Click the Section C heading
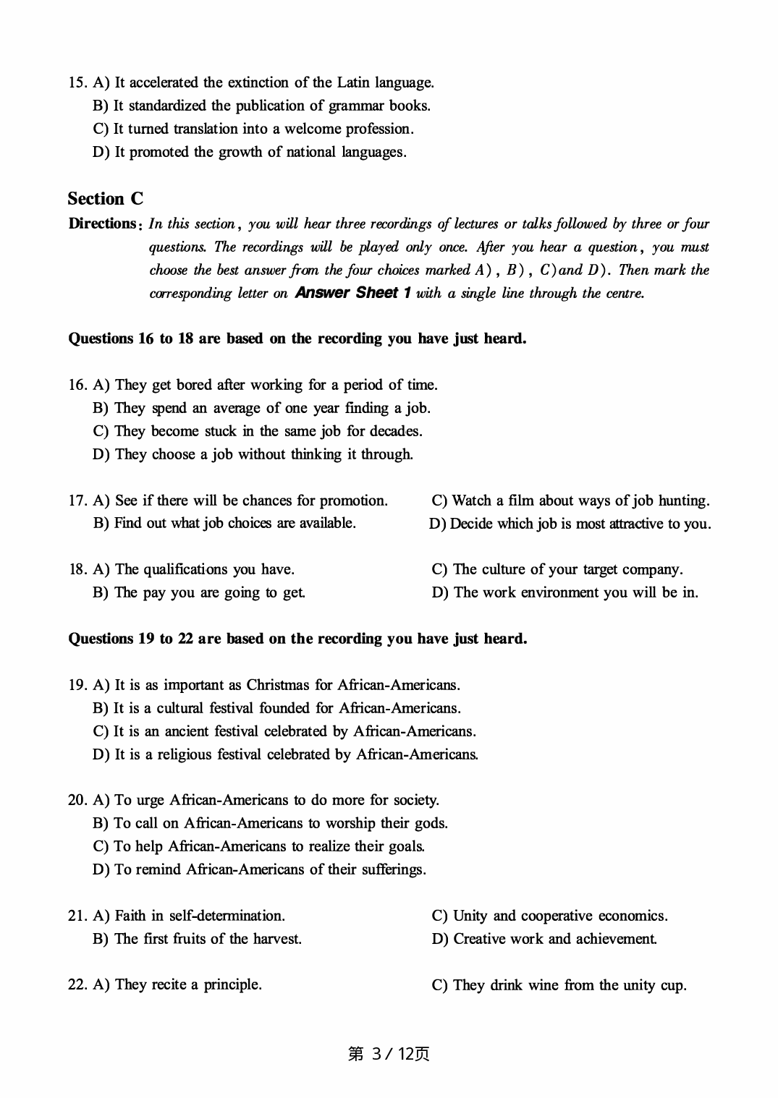pos(106,199)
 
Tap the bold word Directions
pos(102,224)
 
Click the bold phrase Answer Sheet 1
pos(354,293)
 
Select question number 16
pos(77,385)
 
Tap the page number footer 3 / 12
pos(389,1054)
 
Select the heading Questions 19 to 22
pos(297,639)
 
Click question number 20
pos(77,800)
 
